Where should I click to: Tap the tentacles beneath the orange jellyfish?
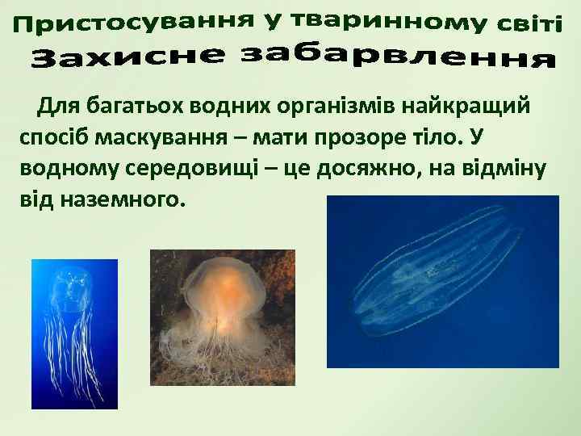(218, 355)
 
